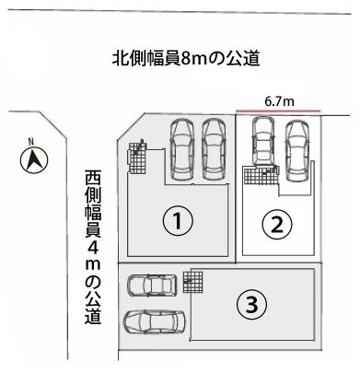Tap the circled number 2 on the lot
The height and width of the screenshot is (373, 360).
(277, 225)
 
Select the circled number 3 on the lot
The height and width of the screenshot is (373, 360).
(251, 305)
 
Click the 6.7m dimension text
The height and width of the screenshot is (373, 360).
(279, 101)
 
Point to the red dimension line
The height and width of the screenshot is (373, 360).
(278, 111)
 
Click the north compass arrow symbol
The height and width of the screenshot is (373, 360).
(34, 160)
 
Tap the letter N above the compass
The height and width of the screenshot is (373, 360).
(30, 142)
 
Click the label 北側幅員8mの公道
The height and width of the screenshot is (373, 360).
(186, 58)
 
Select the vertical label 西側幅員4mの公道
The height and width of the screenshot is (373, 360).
(93, 248)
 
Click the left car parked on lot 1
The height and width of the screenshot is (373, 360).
(182, 149)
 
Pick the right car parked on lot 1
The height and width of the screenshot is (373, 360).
(214, 149)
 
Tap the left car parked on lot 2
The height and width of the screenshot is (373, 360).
(263, 142)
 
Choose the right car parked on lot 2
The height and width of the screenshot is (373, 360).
(296, 150)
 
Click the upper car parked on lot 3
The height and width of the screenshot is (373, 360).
(152, 286)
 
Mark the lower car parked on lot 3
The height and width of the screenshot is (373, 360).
(154, 321)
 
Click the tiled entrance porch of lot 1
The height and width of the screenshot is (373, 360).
(137, 157)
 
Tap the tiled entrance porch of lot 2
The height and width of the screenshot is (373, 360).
(261, 175)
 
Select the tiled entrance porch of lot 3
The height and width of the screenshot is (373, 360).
(193, 282)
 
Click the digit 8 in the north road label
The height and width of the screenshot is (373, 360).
(186, 59)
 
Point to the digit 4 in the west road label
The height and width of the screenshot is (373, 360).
(93, 248)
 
